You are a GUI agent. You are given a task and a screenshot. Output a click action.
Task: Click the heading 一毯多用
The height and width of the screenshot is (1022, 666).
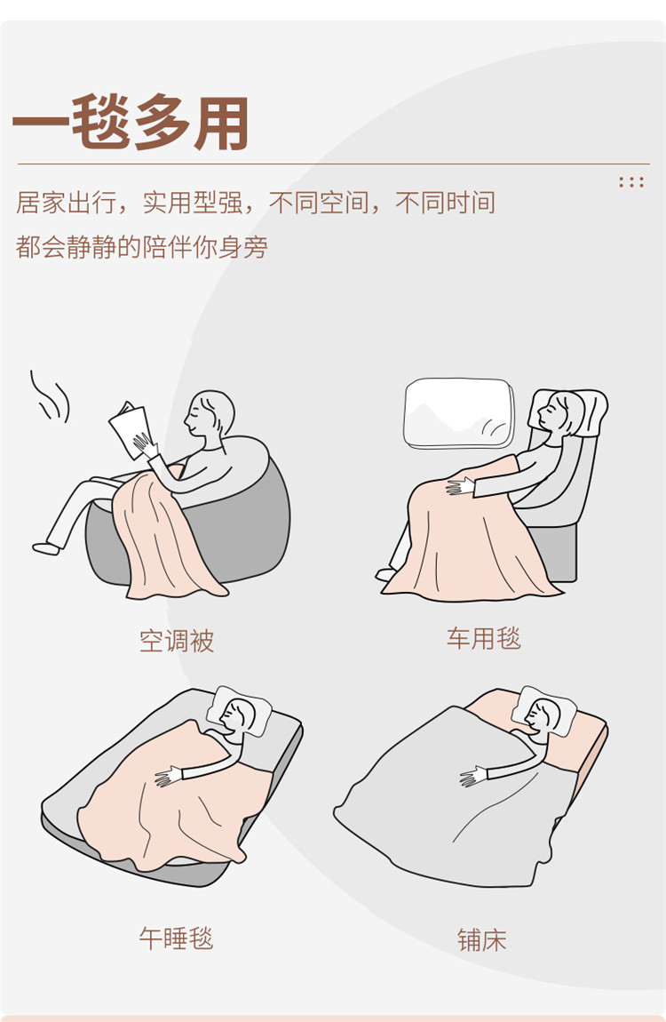(131, 123)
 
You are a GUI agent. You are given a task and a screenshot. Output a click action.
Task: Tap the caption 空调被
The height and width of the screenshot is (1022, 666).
(177, 641)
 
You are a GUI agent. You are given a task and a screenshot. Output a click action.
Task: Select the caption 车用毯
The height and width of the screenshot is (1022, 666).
(484, 638)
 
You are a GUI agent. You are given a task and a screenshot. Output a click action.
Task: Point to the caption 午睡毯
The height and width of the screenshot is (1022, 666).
(177, 938)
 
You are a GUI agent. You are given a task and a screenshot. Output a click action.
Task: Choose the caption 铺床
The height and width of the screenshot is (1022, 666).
(482, 940)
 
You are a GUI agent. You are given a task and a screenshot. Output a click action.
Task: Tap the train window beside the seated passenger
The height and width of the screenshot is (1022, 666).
(459, 412)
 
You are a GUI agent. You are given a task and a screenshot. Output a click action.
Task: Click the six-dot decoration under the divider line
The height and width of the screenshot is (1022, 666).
(631, 182)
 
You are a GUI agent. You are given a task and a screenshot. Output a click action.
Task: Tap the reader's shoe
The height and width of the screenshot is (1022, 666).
(46, 548)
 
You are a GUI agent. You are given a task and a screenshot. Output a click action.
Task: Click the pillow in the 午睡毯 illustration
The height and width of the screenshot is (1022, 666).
(240, 710)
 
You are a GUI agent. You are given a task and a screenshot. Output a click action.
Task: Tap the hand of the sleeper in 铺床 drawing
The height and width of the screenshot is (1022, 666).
(473, 776)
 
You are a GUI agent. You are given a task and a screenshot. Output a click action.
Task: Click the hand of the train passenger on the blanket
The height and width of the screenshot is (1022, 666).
(460, 486)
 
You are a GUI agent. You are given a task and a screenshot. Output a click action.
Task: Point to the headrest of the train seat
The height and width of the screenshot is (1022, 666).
(569, 412)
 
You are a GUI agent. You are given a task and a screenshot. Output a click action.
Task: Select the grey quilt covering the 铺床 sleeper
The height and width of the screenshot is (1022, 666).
(456, 802)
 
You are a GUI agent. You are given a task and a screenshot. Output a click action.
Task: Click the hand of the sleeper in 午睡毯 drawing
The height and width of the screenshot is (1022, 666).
(170, 776)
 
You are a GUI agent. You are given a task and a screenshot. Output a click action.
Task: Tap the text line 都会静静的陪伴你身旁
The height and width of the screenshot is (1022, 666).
(142, 247)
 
